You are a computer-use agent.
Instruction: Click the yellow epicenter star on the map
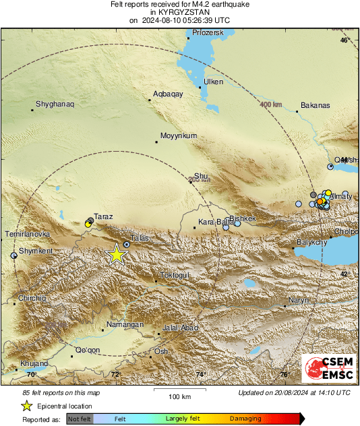pos(117,254)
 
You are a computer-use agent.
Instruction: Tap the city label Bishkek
pos(243,218)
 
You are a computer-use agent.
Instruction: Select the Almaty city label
pos(340,196)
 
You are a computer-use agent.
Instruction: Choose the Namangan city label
pos(124,324)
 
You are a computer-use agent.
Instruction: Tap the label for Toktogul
pos(175,275)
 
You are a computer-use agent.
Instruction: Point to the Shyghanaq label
pos(54,103)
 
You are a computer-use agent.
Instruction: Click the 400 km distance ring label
pos(270,105)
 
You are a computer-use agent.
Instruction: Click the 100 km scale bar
pos(177,390)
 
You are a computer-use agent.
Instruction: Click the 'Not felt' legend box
pos(79,419)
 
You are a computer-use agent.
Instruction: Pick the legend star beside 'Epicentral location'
pos(27,406)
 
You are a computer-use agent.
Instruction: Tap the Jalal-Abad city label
pos(179,328)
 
